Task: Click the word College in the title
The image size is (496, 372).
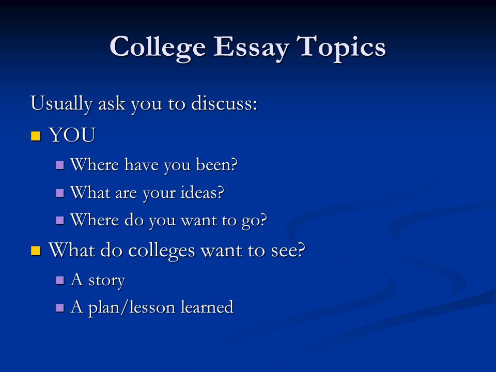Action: click(x=158, y=48)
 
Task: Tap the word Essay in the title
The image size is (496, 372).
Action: click(x=251, y=48)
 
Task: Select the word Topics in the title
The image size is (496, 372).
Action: click(x=342, y=48)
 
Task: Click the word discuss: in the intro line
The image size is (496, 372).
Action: click(x=224, y=103)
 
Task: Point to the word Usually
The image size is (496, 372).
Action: click(x=61, y=104)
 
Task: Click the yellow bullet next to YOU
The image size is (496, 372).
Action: click(x=36, y=136)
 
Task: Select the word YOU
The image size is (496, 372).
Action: click(x=72, y=135)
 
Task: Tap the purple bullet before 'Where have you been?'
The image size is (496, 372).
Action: click(x=60, y=165)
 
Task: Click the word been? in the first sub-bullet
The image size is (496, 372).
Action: click(x=216, y=164)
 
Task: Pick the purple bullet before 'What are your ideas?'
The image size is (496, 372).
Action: click(x=60, y=193)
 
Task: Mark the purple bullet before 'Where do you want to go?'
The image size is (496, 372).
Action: click(x=60, y=220)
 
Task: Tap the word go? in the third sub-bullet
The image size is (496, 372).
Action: click(x=254, y=221)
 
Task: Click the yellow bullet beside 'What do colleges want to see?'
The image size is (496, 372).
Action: click(x=36, y=251)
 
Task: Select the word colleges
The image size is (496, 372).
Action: click(x=161, y=251)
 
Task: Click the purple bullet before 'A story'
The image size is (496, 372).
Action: click(x=60, y=280)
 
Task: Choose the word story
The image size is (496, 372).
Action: click(x=106, y=281)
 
